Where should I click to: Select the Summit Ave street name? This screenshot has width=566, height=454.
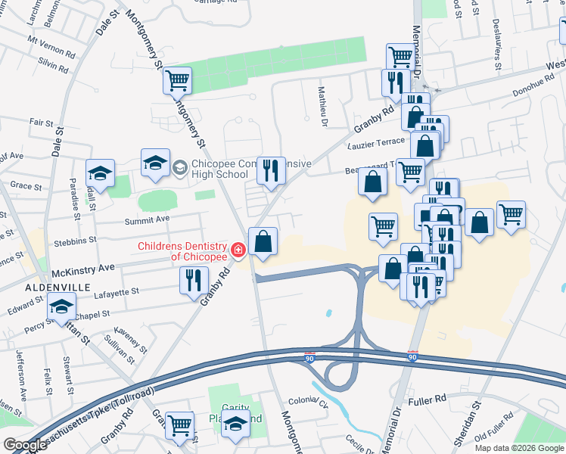(x=147, y=219)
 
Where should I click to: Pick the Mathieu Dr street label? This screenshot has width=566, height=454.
(x=322, y=107)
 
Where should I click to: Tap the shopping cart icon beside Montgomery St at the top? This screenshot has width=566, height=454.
(x=177, y=79)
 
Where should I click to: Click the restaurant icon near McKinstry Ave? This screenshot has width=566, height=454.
(x=194, y=280)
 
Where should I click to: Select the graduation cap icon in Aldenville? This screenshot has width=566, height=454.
(x=61, y=306)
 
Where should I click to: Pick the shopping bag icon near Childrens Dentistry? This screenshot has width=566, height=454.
(x=263, y=242)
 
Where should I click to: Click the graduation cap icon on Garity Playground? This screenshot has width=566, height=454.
(x=236, y=424)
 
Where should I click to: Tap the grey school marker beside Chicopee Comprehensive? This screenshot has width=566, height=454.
(x=180, y=166)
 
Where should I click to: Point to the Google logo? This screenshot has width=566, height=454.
(x=25, y=445)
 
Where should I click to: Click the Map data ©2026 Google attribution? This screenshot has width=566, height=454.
(x=518, y=448)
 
